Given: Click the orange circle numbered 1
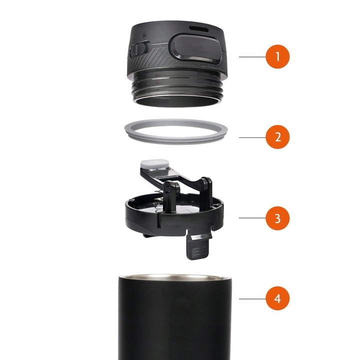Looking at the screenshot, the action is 277,56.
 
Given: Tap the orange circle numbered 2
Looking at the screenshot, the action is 277,137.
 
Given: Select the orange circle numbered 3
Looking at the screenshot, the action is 277,218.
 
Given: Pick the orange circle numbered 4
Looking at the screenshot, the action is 277,298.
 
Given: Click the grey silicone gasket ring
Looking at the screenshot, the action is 176,140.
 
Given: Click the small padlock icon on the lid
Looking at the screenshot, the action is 144,34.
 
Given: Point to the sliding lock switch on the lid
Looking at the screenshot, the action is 138,48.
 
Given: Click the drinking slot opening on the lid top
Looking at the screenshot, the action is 199,29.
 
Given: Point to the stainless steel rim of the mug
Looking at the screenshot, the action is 175,277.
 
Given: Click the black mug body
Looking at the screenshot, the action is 175,318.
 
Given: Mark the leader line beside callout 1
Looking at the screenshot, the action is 252,56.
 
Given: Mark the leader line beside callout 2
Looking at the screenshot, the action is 252,137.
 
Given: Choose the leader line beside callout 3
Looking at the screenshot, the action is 252,218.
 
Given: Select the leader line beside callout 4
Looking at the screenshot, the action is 252,298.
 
